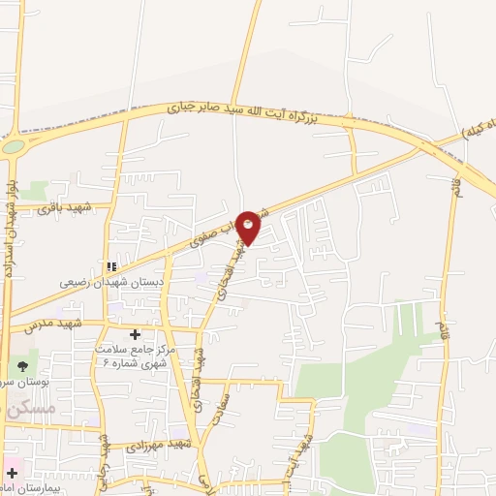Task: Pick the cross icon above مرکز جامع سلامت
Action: click(x=135, y=334)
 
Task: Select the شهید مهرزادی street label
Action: click(x=160, y=445)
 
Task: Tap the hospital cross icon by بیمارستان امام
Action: click(x=12, y=474)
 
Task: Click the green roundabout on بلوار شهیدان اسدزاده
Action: click(x=14, y=147)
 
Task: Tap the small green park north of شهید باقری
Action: click(x=37, y=190)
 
